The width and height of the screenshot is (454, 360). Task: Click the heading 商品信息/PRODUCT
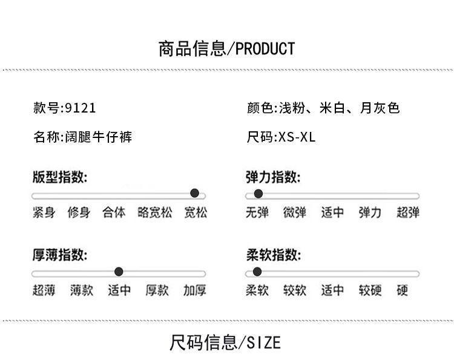(226, 48)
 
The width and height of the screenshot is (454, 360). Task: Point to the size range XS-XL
(297, 137)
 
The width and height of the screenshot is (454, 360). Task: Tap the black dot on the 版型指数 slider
(195, 193)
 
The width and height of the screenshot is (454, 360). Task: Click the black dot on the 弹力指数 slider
(258, 194)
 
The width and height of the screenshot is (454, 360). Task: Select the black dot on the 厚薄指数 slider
(119, 272)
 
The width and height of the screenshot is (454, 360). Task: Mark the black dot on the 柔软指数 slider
(257, 272)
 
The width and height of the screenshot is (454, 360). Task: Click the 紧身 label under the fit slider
(44, 212)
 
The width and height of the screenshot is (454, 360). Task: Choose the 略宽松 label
(155, 212)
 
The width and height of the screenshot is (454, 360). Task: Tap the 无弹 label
(257, 212)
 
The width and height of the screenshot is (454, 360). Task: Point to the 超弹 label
(408, 212)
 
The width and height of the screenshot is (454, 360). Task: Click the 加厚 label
(195, 290)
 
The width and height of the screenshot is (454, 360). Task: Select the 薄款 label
(81, 290)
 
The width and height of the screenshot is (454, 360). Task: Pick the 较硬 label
(370, 290)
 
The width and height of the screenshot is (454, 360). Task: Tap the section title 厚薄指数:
(60, 255)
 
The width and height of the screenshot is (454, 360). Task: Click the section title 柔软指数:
(273, 255)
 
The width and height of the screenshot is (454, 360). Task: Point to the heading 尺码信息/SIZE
(225, 343)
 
